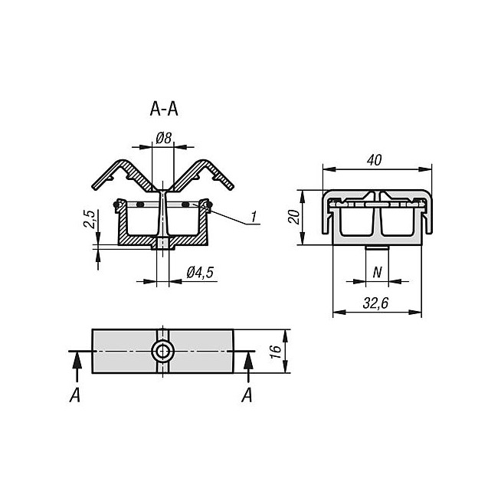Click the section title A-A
[x=164, y=110]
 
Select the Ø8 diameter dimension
[x=163, y=139]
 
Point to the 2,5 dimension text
[x=90, y=220]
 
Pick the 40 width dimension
[x=375, y=159]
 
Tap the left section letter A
[x=75, y=395]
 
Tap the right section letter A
[x=247, y=395]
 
